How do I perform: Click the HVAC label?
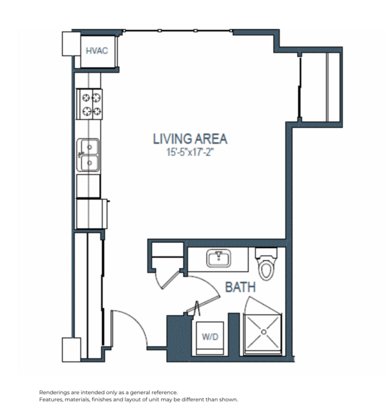(97, 51)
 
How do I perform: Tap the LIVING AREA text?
(190, 139)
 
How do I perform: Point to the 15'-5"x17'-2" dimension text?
(190, 152)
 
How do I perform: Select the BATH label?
(240, 287)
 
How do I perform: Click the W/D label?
(210, 336)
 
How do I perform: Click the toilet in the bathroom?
(266, 264)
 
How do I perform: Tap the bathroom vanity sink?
(219, 258)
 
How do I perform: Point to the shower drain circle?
(263, 332)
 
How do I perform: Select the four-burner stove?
(90, 105)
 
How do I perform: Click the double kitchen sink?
(88, 155)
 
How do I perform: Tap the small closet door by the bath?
(169, 280)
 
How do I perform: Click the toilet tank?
(266, 253)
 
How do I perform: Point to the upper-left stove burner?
(86, 98)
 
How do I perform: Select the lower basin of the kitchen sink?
(90, 163)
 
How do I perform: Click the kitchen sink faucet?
(80, 155)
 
